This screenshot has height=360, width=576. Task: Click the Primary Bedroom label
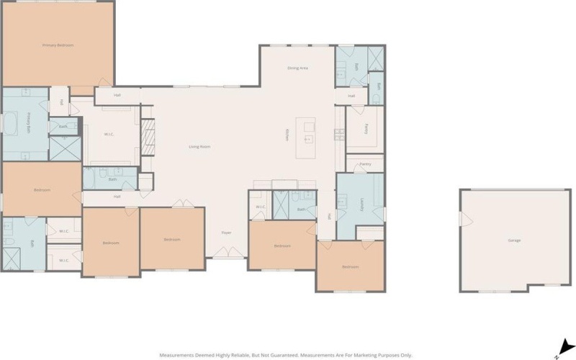coord(58,45)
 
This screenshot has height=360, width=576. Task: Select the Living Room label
coord(199,147)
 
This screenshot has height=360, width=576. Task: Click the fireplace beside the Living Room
coord(148,137)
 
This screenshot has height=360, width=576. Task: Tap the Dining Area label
coord(297,68)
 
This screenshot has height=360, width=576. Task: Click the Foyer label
coord(226,232)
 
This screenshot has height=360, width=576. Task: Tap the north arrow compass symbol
coord(565,347)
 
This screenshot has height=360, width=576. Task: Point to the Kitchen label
coord(287,135)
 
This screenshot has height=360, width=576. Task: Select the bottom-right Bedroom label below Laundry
coord(350,267)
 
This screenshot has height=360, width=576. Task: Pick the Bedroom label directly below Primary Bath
coord(42,190)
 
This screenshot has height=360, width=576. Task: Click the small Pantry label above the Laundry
coord(366,163)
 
